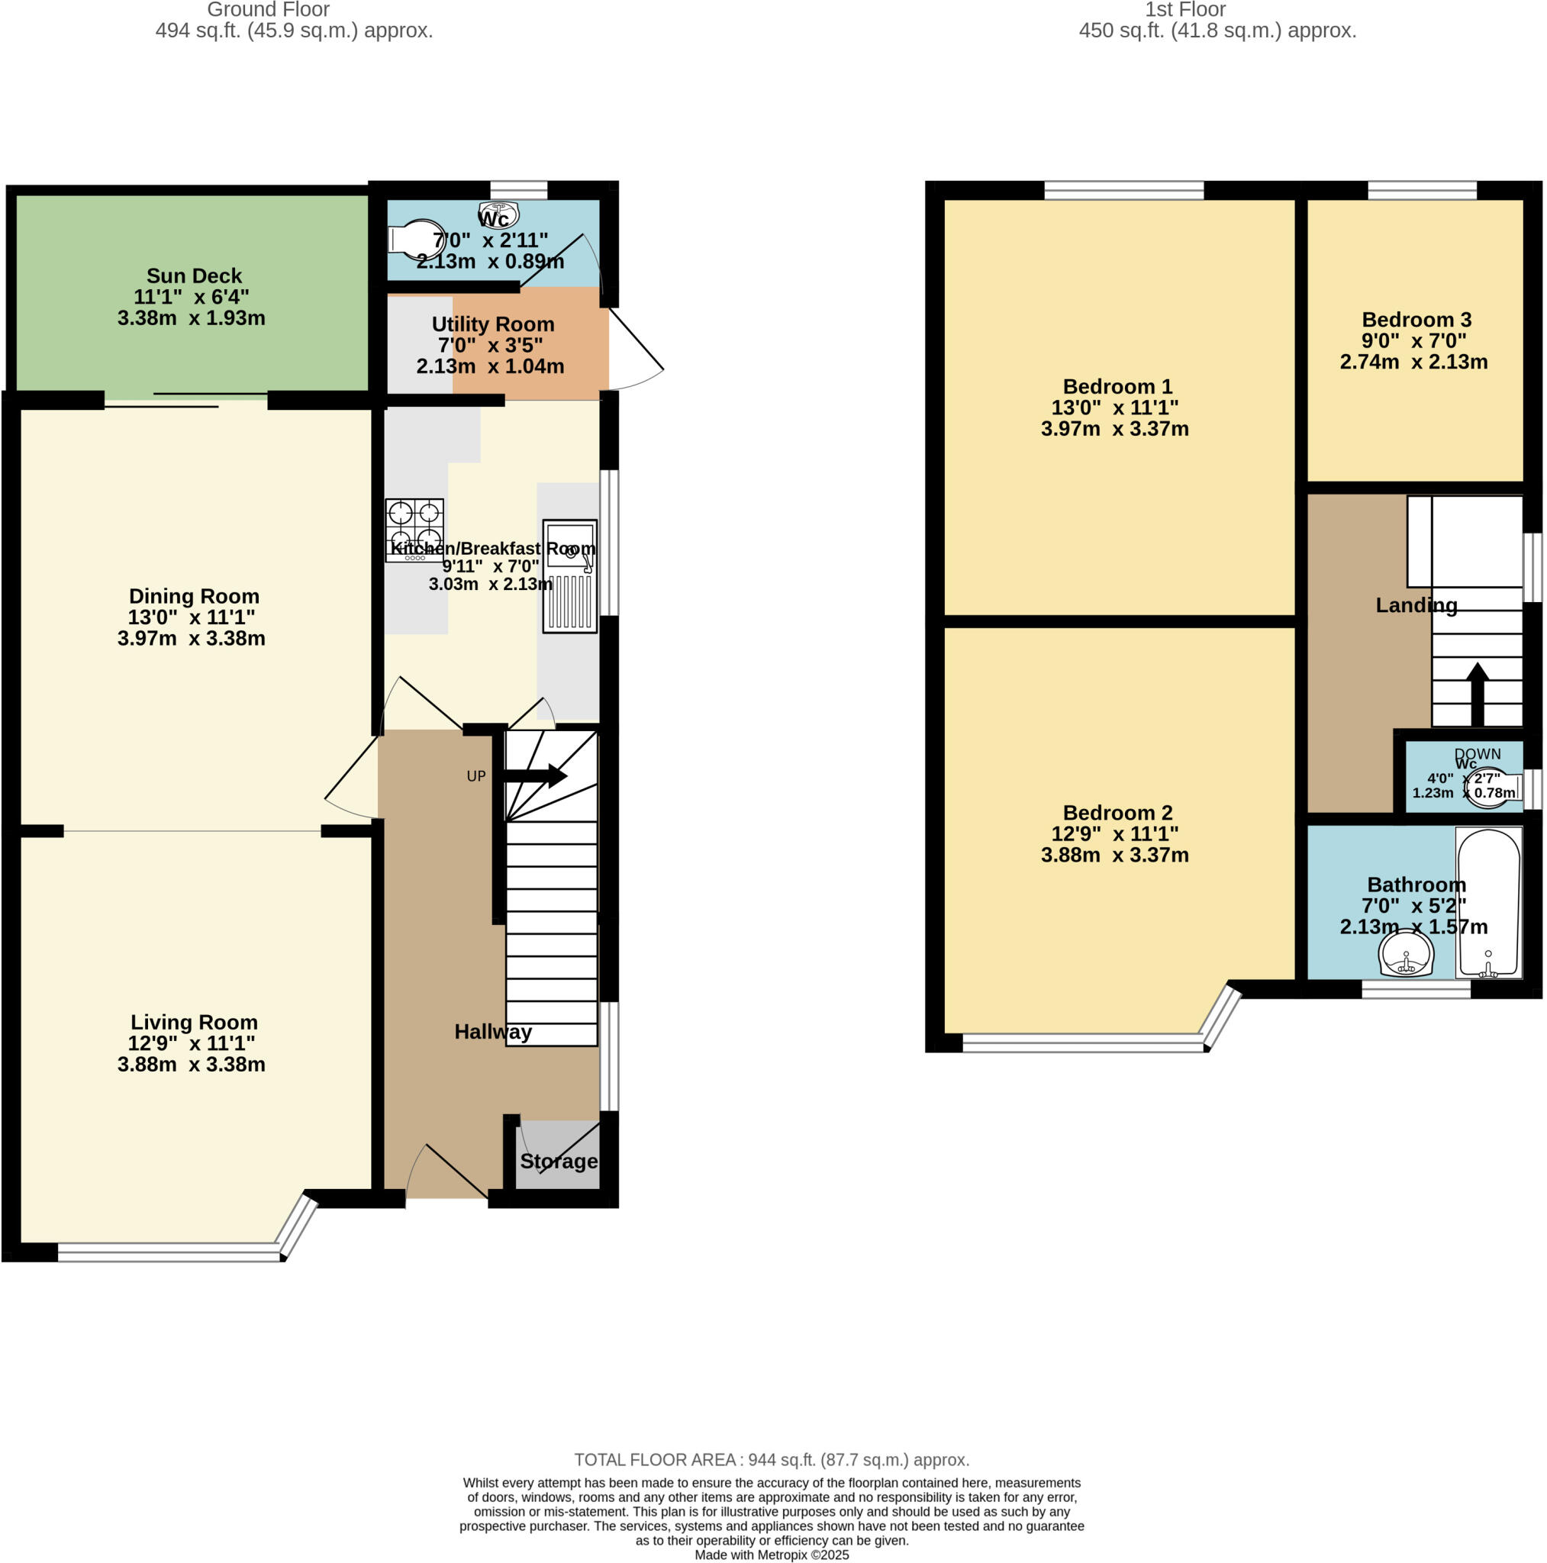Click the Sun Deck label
194,276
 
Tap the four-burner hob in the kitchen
414,527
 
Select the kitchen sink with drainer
569,575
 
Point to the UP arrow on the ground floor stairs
534,776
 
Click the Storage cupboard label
559,1161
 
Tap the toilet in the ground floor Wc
417,239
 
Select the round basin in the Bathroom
1407,956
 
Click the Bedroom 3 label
1416,320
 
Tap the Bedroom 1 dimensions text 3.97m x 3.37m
1114,429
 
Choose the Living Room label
194,1022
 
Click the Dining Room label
194,596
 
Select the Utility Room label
493,324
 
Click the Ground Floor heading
268,10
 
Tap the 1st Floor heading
1184,10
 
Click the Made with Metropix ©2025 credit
771,1554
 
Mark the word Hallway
493,1032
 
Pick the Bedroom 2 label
1117,812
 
